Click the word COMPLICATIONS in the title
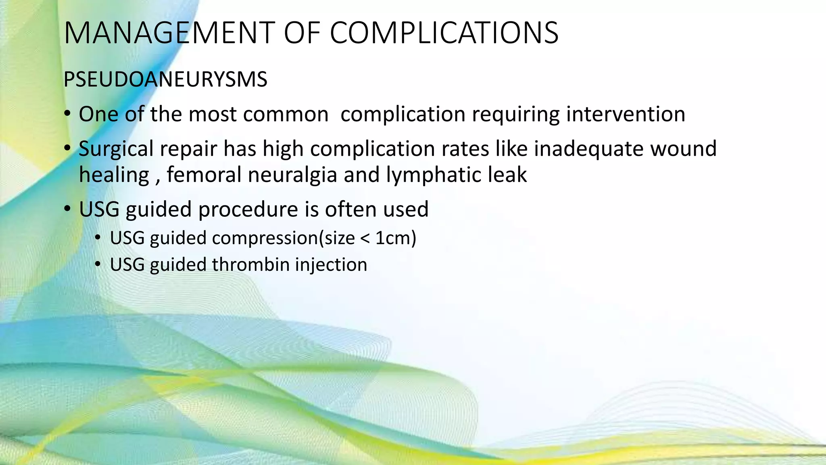444,33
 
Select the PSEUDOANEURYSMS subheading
165,80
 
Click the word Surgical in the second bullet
116,149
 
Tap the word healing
114,175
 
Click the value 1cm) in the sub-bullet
396,238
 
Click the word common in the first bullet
286,114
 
